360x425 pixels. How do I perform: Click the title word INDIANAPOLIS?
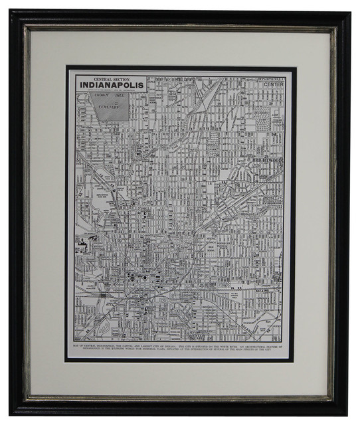109,87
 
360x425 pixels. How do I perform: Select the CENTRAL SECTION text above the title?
109,78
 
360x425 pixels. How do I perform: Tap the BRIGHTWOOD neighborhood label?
268,160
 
